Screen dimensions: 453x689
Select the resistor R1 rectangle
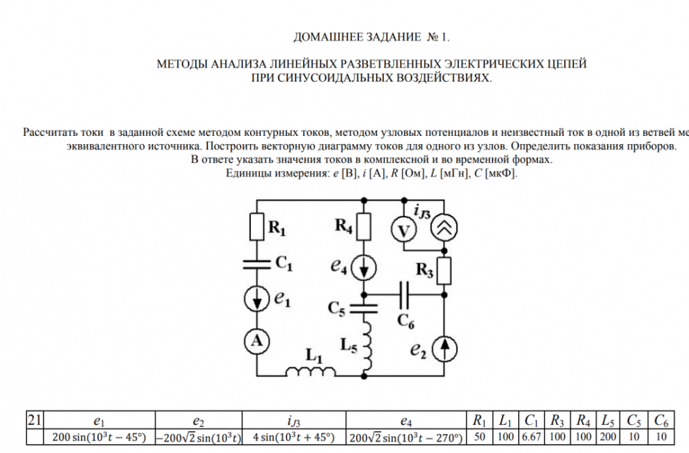point(256,225)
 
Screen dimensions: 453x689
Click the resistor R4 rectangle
point(364,225)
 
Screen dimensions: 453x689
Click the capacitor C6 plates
point(404,294)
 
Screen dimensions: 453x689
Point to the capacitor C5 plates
point(364,298)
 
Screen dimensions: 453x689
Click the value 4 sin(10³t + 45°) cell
point(294,436)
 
